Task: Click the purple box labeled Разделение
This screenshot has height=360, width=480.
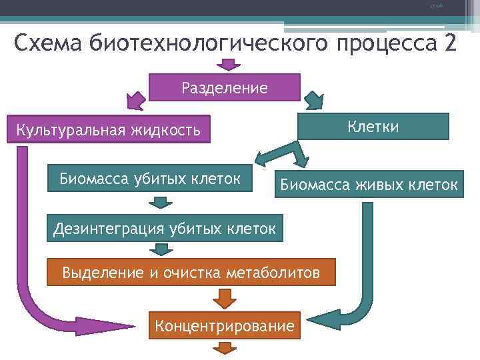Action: pyautogui.click(x=225, y=87)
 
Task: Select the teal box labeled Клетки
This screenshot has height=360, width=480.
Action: pyautogui.click(x=373, y=126)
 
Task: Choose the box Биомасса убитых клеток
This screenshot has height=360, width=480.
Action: pyautogui.click(x=150, y=178)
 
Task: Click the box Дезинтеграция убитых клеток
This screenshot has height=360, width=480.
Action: pyautogui.click(x=164, y=229)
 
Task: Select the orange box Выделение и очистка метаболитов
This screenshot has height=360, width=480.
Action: pyautogui.click(x=191, y=272)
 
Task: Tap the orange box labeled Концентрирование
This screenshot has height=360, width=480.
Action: pyautogui.click(x=224, y=326)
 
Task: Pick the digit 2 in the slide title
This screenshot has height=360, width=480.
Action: pyautogui.click(x=449, y=44)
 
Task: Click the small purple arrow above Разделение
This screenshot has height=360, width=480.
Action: pyautogui.click(x=229, y=65)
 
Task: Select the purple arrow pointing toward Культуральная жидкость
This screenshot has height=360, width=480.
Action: pyautogui.click(x=135, y=100)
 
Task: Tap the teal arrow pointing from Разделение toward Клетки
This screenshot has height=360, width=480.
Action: pyautogui.click(x=313, y=101)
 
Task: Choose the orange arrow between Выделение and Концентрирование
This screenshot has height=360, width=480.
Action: pyautogui.click(x=225, y=297)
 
